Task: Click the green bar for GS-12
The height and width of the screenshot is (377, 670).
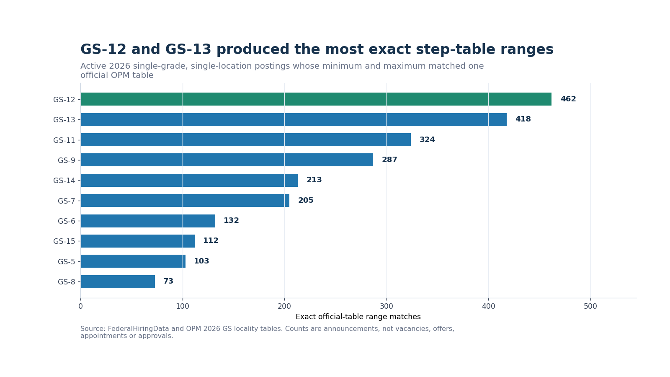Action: (x=316, y=99)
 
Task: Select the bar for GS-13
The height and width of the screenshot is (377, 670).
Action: (x=294, y=119)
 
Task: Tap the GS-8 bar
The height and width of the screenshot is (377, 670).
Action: (x=118, y=281)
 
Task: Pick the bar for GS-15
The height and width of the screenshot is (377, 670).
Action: (x=138, y=241)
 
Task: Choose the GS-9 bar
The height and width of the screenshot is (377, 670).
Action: (x=227, y=160)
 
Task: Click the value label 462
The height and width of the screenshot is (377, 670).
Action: (x=568, y=99)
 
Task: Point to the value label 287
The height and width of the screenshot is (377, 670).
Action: (x=389, y=160)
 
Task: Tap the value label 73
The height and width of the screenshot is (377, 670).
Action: (x=168, y=281)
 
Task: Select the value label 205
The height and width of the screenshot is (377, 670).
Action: (x=306, y=200)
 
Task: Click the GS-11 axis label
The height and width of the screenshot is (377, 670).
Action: (x=64, y=140)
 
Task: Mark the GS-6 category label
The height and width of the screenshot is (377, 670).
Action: (x=67, y=221)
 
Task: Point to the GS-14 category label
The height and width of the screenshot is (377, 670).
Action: (x=64, y=181)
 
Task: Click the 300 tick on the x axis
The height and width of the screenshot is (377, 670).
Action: (x=387, y=306)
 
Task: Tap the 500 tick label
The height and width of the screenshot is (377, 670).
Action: (x=590, y=306)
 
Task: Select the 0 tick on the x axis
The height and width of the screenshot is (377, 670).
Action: (x=80, y=306)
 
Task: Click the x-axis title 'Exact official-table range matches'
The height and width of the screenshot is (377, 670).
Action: (x=358, y=317)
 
